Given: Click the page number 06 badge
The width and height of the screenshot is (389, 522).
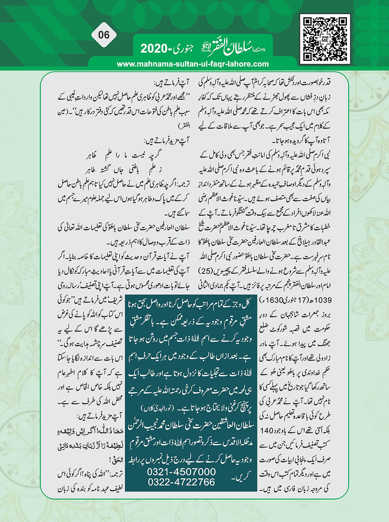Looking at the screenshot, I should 104,35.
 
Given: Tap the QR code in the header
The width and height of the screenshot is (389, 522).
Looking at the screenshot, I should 325,39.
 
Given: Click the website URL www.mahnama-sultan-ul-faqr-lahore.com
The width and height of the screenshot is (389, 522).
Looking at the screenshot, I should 193,64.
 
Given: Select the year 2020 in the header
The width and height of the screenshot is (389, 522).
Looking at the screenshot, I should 154,49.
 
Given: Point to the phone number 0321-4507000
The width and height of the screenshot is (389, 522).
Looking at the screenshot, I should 181,472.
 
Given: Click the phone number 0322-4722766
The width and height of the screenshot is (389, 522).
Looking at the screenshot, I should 181,482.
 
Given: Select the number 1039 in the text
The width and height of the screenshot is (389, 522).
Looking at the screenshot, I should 323,300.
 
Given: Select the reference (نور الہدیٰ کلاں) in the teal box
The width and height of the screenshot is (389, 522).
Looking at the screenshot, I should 157,408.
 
